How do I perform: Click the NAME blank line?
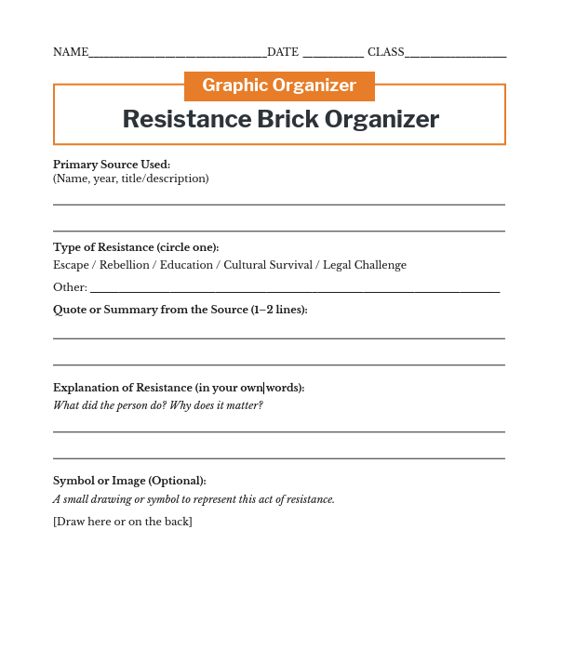[x=177, y=54]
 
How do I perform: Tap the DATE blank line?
[x=333, y=54]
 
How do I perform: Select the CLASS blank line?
[x=455, y=54]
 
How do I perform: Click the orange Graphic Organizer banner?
[x=279, y=86]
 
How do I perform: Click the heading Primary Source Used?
[x=112, y=165]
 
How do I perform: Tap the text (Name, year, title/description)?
[x=131, y=179]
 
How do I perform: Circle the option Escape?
[x=71, y=265]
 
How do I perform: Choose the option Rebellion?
[x=125, y=265]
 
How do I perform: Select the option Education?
[x=186, y=265]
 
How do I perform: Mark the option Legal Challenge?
[x=365, y=265]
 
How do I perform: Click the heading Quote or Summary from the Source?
[x=180, y=310]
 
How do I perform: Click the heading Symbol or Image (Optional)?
[x=129, y=481]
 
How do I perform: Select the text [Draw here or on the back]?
[x=123, y=522]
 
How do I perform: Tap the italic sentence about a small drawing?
[x=194, y=499]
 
